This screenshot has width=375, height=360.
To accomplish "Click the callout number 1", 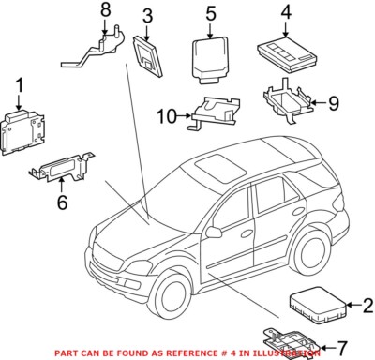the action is [x=20, y=85].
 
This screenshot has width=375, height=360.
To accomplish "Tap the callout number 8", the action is [x=106, y=10].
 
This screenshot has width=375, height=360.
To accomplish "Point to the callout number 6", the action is [x=62, y=202].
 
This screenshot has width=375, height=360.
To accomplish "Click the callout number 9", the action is [x=334, y=103].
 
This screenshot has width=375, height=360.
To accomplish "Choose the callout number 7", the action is [x=342, y=347].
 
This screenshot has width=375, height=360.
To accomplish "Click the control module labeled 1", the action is [x=22, y=132].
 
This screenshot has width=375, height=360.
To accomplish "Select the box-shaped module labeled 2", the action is [x=318, y=305].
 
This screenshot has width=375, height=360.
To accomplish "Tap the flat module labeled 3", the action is [x=148, y=56].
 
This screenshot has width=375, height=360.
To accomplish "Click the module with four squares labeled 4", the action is [x=287, y=53].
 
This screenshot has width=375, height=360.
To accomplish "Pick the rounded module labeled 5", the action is [x=208, y=60].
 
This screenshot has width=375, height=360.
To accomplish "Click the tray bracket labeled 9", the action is [x=289, y=101].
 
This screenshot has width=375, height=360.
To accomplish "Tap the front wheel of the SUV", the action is [x=172, y=292].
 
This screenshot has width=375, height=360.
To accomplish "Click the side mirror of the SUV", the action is [x=213, y=232].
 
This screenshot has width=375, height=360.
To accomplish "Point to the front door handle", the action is [x=247, y=233].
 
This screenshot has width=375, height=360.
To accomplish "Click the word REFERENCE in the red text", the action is [x=190, y=353].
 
